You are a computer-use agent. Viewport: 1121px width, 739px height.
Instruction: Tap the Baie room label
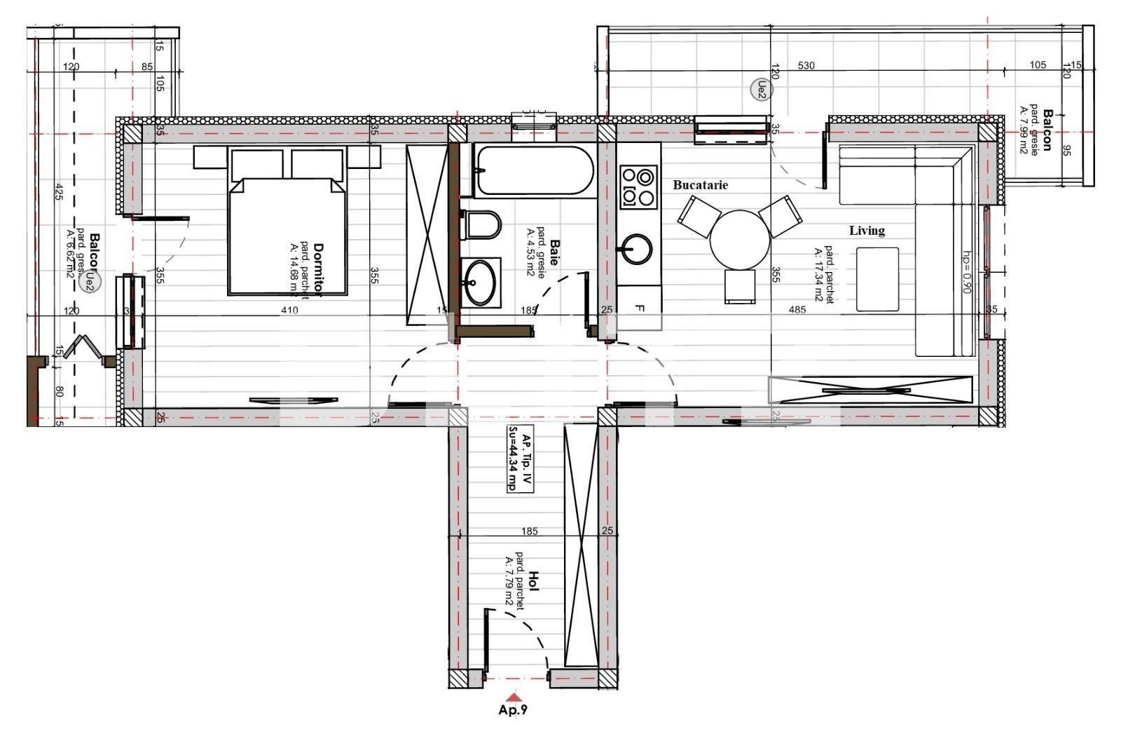point(554,252)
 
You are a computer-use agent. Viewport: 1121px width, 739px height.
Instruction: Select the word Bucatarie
point(700,185)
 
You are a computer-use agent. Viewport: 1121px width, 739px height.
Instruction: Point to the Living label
point(867,230)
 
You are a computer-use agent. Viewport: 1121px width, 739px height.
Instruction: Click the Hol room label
point(533,581)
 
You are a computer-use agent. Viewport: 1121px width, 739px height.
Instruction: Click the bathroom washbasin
point(481,283)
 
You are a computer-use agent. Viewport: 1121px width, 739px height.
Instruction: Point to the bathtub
point(533,170)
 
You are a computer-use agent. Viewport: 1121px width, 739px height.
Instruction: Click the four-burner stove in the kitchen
point(638,187)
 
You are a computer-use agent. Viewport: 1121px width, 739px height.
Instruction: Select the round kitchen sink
point(635,248)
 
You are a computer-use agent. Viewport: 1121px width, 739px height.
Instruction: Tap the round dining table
point(740,239)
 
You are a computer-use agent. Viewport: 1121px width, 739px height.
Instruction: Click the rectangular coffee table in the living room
point(877,279)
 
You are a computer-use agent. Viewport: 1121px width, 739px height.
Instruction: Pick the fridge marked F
point(639,308)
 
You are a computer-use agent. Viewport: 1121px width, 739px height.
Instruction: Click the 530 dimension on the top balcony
point(806,66)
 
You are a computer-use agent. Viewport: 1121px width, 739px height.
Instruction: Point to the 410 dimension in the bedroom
point(289,310)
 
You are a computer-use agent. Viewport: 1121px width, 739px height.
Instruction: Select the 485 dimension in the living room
point(797,310)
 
